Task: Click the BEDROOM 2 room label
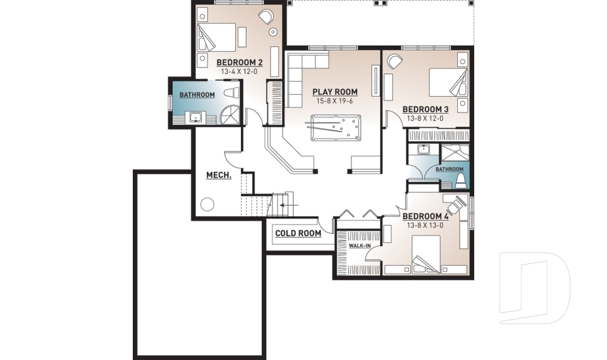(239, 62)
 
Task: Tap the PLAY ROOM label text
(334, 92)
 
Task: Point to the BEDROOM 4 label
(425, 216)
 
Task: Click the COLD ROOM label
(298, 233)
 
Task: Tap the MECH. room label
(219, 175)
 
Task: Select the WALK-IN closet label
(359, 245)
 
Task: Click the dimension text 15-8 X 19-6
(334, 101)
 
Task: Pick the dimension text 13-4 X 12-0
(238, 72)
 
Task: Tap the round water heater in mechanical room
(207, 204)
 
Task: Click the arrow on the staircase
(290, 205)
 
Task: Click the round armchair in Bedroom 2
(266, 17)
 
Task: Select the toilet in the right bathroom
(460, 181)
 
